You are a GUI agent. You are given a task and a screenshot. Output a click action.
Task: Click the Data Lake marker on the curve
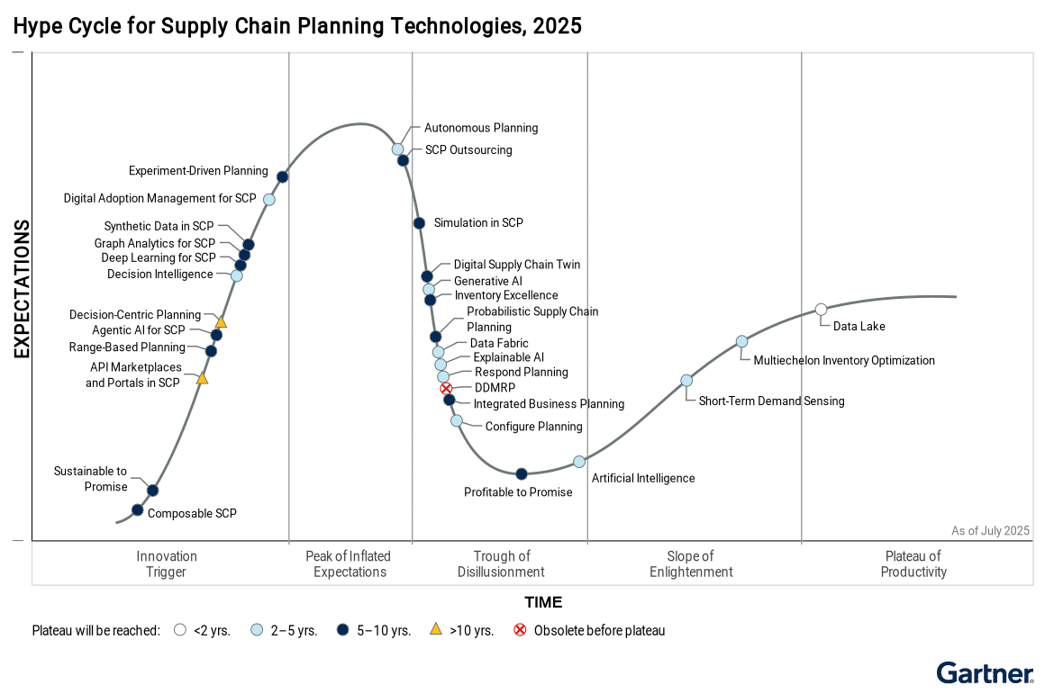[x=821, y=310]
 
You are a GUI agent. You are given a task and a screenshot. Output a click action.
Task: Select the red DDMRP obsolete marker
[x=446, y=388]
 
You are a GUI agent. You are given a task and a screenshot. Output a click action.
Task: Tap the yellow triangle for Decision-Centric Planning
[x=221, y=321]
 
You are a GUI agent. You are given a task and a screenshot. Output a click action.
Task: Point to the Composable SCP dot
[x=137, y=509]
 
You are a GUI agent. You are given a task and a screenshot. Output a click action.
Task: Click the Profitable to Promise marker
[x=521, y=473]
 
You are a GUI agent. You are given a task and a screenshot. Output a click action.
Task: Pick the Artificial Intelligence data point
[x=579, y=462]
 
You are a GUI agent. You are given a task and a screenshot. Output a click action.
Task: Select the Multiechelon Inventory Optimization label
[x=843, y=361]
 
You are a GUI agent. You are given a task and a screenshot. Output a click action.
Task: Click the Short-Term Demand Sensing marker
[x=686, y=380]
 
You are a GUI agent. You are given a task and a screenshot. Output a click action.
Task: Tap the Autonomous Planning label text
[x=481, y=128]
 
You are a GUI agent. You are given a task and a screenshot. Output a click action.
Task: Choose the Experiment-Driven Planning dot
[x=282, y=176]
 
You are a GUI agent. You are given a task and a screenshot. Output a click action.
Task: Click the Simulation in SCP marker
[x=419, y=223]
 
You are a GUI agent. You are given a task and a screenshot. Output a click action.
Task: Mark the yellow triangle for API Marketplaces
[x=203, y=379]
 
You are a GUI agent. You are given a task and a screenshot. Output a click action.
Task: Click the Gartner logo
[x=985, y=672]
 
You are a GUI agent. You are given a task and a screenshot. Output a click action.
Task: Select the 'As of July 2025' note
[x=990, y=531]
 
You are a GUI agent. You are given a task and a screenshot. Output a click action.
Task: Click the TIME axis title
[x=543, y=602]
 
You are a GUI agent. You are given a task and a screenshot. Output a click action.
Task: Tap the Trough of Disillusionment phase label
[x=501, y=564]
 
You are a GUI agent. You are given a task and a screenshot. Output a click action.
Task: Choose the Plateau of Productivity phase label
[x=913, y=564]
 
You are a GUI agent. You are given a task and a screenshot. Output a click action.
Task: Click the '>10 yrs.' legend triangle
[x=435, y=630]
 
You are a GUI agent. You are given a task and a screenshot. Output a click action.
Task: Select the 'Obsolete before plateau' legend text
[x=599, y=631]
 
